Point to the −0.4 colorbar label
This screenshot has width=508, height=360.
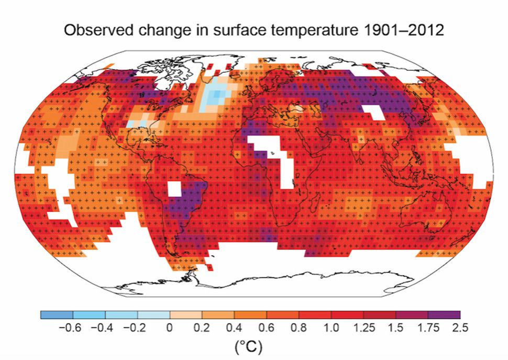(103, 329)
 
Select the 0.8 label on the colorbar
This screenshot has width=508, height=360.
(299, 329)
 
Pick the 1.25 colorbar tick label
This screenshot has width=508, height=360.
(363, 329)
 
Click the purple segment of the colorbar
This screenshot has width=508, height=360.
(444, 315)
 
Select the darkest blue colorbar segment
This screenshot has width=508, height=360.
(57, 315)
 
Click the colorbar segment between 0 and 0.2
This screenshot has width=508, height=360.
(186, 315)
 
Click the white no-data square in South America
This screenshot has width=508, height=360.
(175, 189)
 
